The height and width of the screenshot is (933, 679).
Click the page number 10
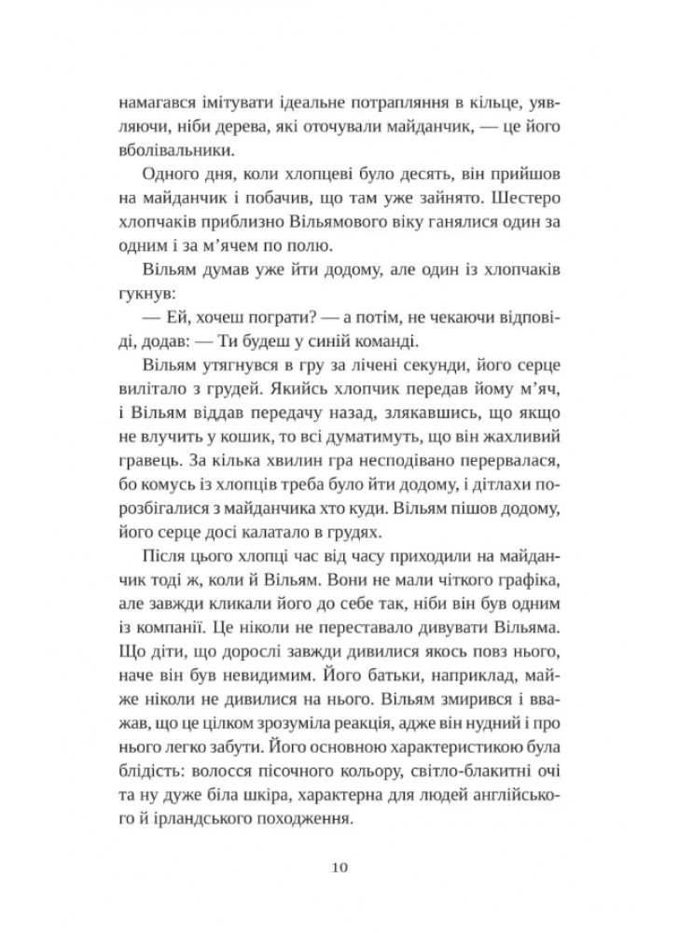coord(339,868)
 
